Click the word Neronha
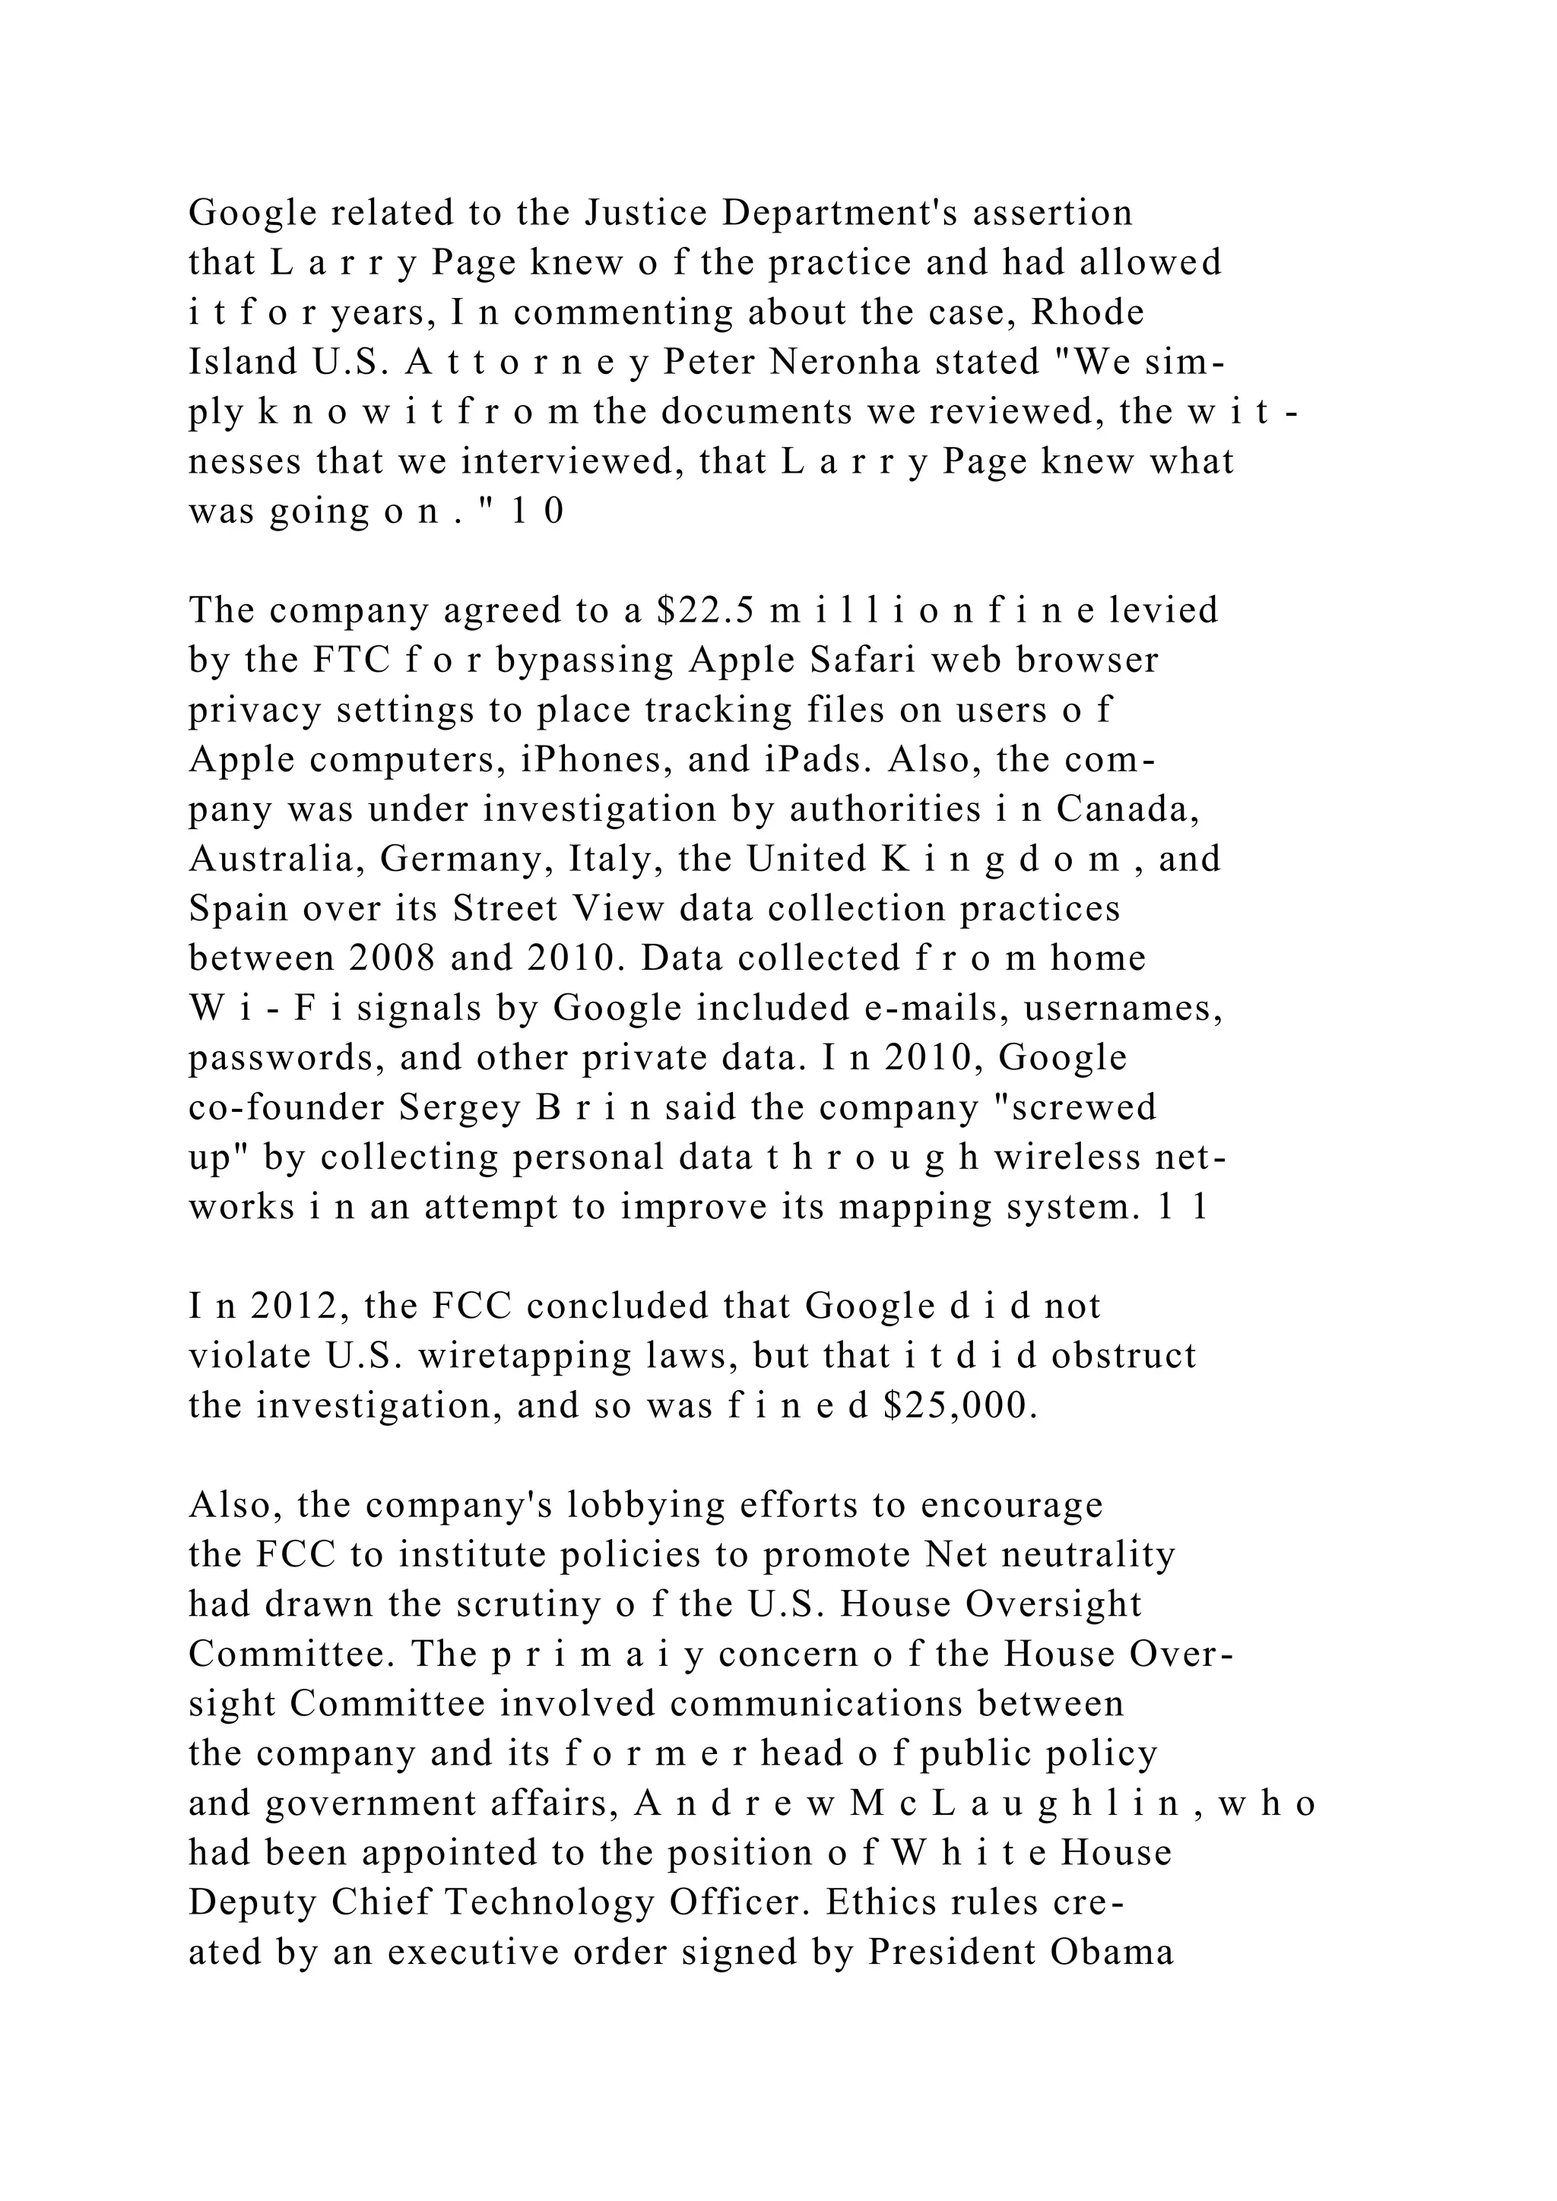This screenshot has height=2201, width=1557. pyautogui.click(x=845, y=363)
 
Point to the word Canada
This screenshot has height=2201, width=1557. pyautogui.click(x=1128, y=809)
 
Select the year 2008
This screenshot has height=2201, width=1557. pyautogui.click(x=390, y=958)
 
